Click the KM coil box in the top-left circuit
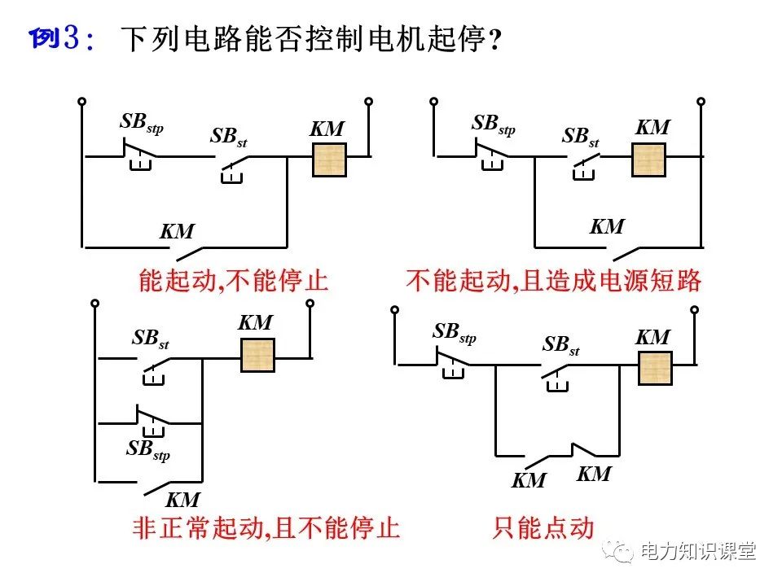330,160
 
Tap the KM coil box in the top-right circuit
649,159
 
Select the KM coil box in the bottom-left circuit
257,355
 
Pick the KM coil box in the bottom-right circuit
653,368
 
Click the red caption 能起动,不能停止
233,282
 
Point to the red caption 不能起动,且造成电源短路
554,282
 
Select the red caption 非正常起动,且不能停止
266,528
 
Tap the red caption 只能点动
543,528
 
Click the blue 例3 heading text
62,38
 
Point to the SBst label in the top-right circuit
580,137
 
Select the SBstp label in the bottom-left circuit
147,448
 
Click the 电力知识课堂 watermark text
698,551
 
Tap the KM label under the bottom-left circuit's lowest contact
182,499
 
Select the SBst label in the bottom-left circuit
150,339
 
